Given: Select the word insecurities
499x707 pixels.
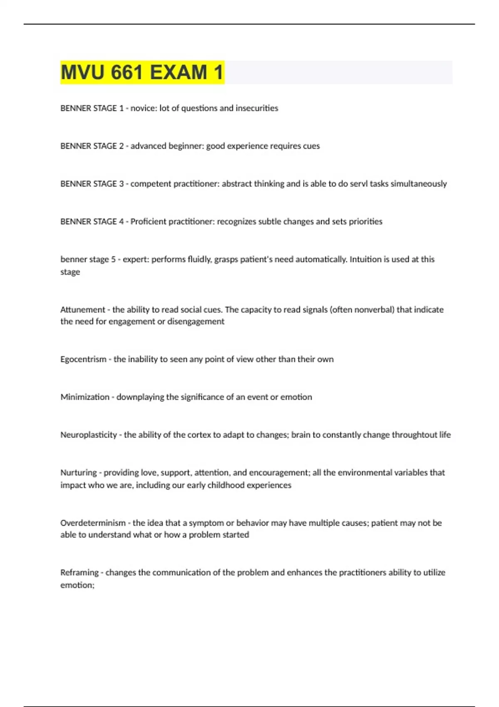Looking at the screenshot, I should pos(257,108).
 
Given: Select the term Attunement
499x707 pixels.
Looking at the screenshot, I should pos(83,309).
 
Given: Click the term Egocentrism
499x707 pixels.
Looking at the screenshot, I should pos(83,359).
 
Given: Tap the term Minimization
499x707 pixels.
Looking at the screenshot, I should pos(85,397).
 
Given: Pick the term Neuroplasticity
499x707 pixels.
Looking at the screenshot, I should pos(89,435).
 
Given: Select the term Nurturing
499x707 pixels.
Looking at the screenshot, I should pos(78,473).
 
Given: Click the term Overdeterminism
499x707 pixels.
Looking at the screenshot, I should pos(93,523).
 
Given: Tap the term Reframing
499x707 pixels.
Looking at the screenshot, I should pos(79,573).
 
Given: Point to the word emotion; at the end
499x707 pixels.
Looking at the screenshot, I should pos(77,585).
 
